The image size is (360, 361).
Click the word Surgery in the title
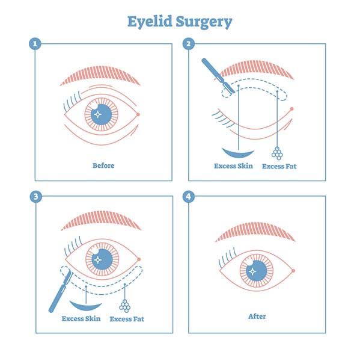pos(204,22)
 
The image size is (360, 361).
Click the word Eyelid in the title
pos(150,21)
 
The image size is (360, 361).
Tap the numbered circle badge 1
pos(35,43)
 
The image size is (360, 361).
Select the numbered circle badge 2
pos(188,43)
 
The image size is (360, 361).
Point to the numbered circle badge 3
pos(36,197)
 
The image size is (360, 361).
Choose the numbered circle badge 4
pos(188,197)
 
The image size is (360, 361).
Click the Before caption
pos(103,165)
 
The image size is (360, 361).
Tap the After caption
pos(257,316)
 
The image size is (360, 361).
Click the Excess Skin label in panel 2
pos(233,166)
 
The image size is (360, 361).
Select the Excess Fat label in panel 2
pos(279,166)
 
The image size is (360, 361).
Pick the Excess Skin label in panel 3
pos(81,319)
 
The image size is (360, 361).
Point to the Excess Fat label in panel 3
pos(127,319)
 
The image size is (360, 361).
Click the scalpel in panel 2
pos(218,75)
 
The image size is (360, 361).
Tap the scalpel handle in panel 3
pos(58,297)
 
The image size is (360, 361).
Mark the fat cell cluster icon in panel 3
pos(125,306)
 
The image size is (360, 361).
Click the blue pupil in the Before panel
pos(101,114)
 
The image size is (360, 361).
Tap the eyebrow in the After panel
pos(255,231)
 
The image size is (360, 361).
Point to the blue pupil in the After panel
pos(257,271)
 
